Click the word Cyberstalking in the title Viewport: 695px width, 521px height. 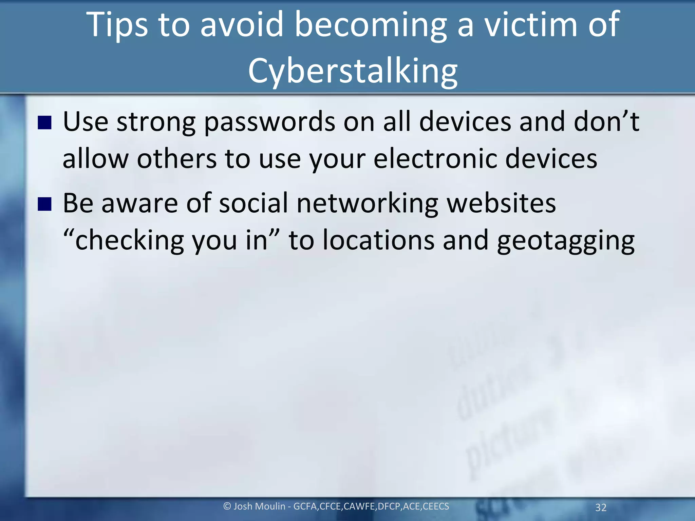coord(353,71)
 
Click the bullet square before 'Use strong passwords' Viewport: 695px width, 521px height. coord(44,123)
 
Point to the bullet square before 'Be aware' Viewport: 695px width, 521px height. coord(44,204)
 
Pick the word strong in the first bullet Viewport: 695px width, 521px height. coord(156,122)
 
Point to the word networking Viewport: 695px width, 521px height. coord(368,204)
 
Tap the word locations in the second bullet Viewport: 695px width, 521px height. coord(378,240)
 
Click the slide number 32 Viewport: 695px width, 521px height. coord(601,507)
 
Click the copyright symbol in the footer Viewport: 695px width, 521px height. coord(227,506)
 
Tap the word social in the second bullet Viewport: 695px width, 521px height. coord(253,204)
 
